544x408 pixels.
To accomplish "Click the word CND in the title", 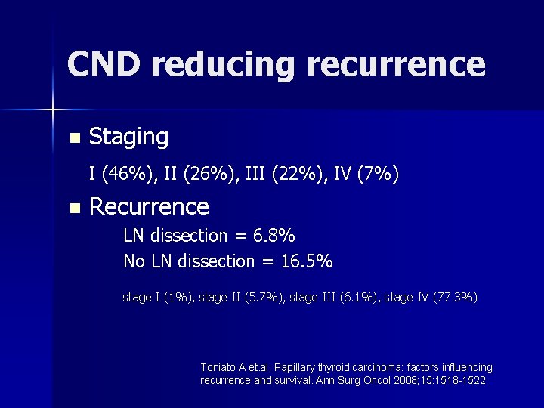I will pos(103,64).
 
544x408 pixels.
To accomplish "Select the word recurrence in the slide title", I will pos(396,64).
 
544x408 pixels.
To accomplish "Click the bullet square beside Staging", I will pos(73,138).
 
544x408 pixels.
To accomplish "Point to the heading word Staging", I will pos(128,137).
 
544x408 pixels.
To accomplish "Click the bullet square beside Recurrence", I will pos(73,208).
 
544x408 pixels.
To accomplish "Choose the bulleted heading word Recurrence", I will pos(149,206).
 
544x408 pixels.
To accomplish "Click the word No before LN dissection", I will pos(134,261).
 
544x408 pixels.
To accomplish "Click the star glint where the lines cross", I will pos(53,110).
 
